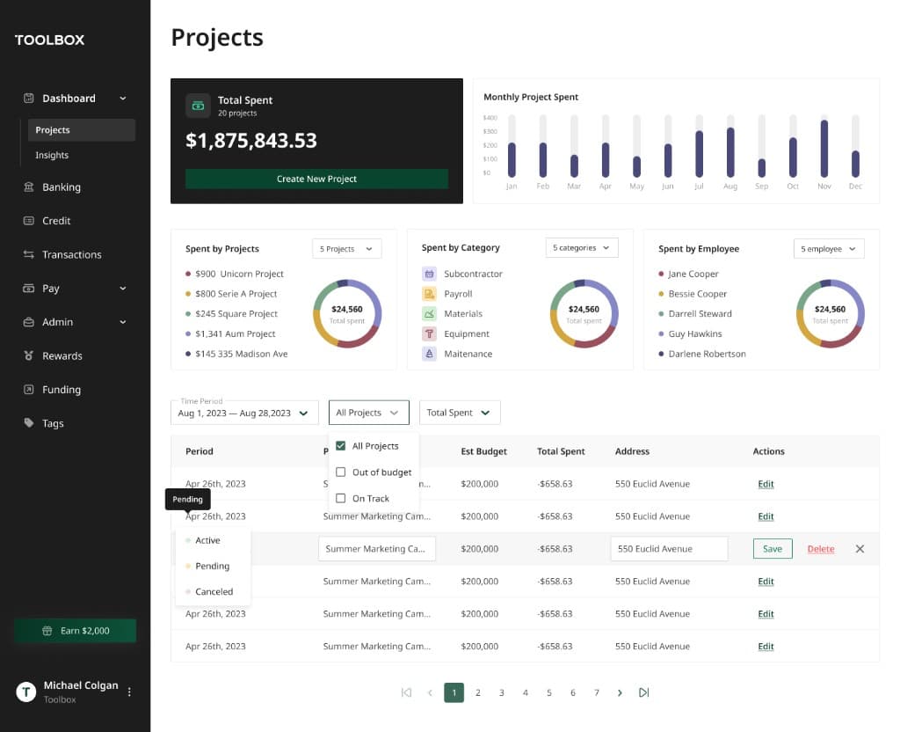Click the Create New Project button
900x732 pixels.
pos(316,179)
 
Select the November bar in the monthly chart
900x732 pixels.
pos(824,148)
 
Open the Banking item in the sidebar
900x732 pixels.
pos(62,187)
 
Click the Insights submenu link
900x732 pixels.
pos(52,155)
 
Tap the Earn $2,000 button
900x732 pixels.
pos(76,631)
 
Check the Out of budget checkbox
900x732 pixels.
pos(341,472)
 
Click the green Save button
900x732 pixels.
pos(773,549)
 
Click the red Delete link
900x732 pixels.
pos(821,549)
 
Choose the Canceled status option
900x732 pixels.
pos(214,592)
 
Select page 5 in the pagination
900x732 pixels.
pos(549,692)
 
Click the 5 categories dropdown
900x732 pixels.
pos(582,248)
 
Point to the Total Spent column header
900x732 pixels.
pos(561,451)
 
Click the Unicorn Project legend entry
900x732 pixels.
pos(240,274)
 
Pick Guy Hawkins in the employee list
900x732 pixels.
pos(694,333)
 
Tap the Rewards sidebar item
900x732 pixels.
pos(62,356)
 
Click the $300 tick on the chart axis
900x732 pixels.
pos(490,131)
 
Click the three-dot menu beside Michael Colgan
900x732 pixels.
pos(129,692)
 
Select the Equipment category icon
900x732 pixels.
pos(430,333)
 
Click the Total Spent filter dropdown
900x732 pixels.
pos(460,413)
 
